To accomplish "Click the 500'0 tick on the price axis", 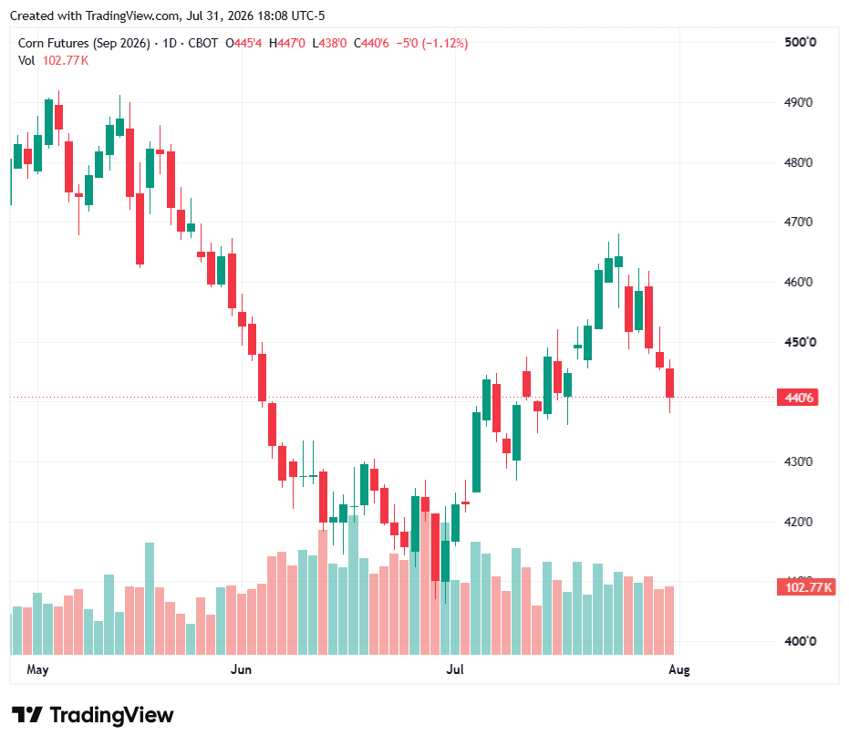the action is tap(801, 42).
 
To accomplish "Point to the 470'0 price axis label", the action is tap(798, 222).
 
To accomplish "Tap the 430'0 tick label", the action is tap(798, 461).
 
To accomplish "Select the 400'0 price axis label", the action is tap(801, 641).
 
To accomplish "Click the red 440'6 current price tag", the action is tap(798, 398).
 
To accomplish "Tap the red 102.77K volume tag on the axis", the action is tap(806, 586).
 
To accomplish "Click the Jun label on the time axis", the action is tap(241, 669).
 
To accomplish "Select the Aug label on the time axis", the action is tap(679, 670).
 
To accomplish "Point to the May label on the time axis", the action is tap(38, 670).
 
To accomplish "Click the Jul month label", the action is tap(455, 669).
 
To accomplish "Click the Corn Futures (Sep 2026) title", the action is tap(84, 43).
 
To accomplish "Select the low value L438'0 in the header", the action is tap(329, 43).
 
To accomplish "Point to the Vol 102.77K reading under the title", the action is tap(53, 60).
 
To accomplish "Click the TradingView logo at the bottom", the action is tap(93, 715).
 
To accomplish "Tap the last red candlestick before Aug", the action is tap(669, 383).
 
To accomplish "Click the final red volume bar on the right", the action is tap(669, 620).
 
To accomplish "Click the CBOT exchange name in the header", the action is tap(203, 43).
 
